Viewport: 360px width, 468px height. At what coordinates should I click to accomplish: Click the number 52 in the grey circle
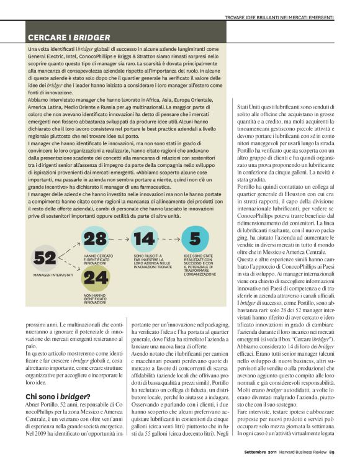[45, 257]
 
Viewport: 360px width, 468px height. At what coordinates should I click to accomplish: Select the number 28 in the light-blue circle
[96, 239]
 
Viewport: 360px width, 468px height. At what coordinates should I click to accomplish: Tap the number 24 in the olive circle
[96, 277]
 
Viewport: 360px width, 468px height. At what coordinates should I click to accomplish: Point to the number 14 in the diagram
[144, 239]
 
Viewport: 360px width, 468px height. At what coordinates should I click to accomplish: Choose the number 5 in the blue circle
[195, 239]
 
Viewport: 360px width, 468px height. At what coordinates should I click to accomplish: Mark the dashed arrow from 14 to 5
[169, 239]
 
